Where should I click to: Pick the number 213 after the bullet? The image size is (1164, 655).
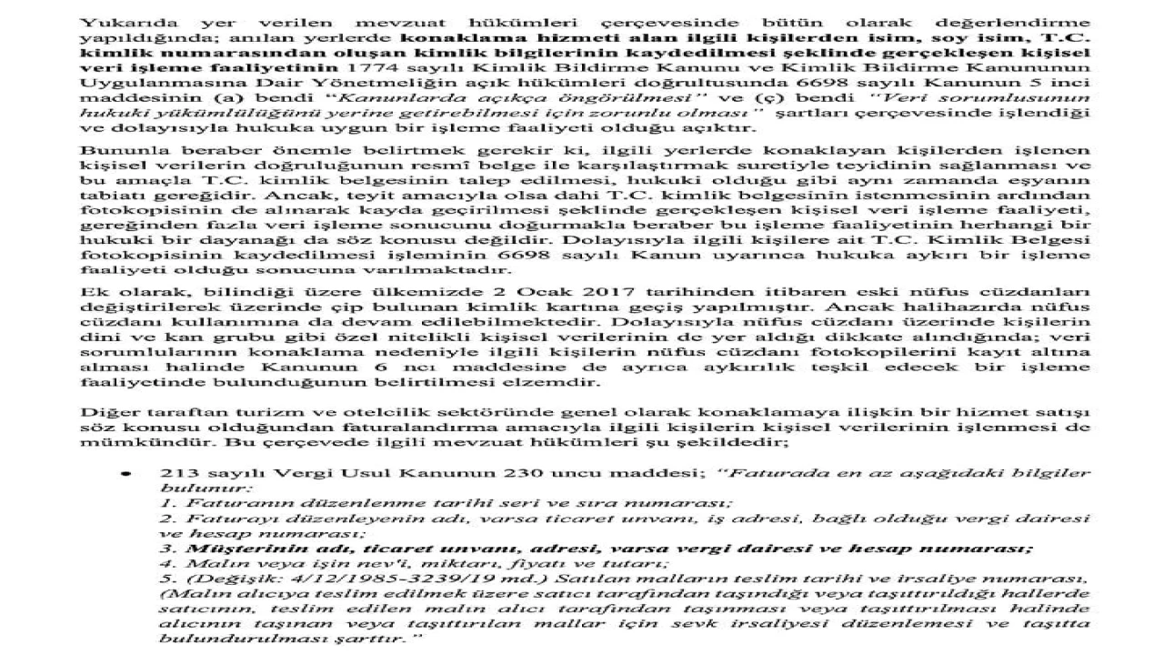click(174, 475)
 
